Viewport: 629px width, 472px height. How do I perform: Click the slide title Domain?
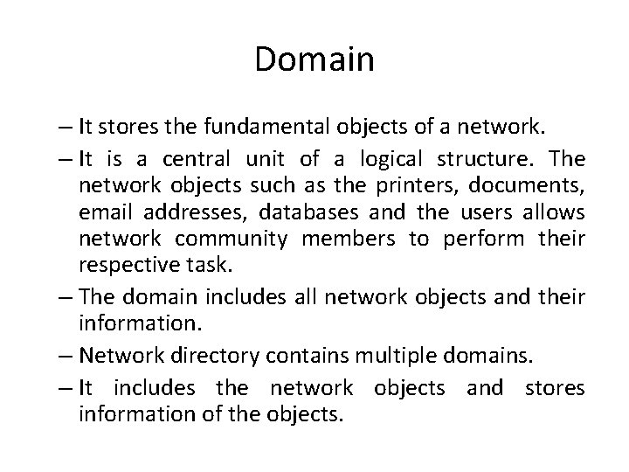[x=314, y=59]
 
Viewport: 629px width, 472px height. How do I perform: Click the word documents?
[x=524, y=186]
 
